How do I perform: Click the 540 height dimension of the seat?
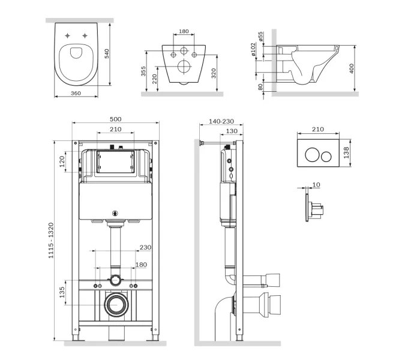(107, 55)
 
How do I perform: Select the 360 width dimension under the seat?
(76, 94)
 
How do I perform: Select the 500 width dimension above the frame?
(116, 119)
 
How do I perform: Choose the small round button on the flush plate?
(326, 156)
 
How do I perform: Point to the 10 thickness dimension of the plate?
(316, 184)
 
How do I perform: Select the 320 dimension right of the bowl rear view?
(214, 72)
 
